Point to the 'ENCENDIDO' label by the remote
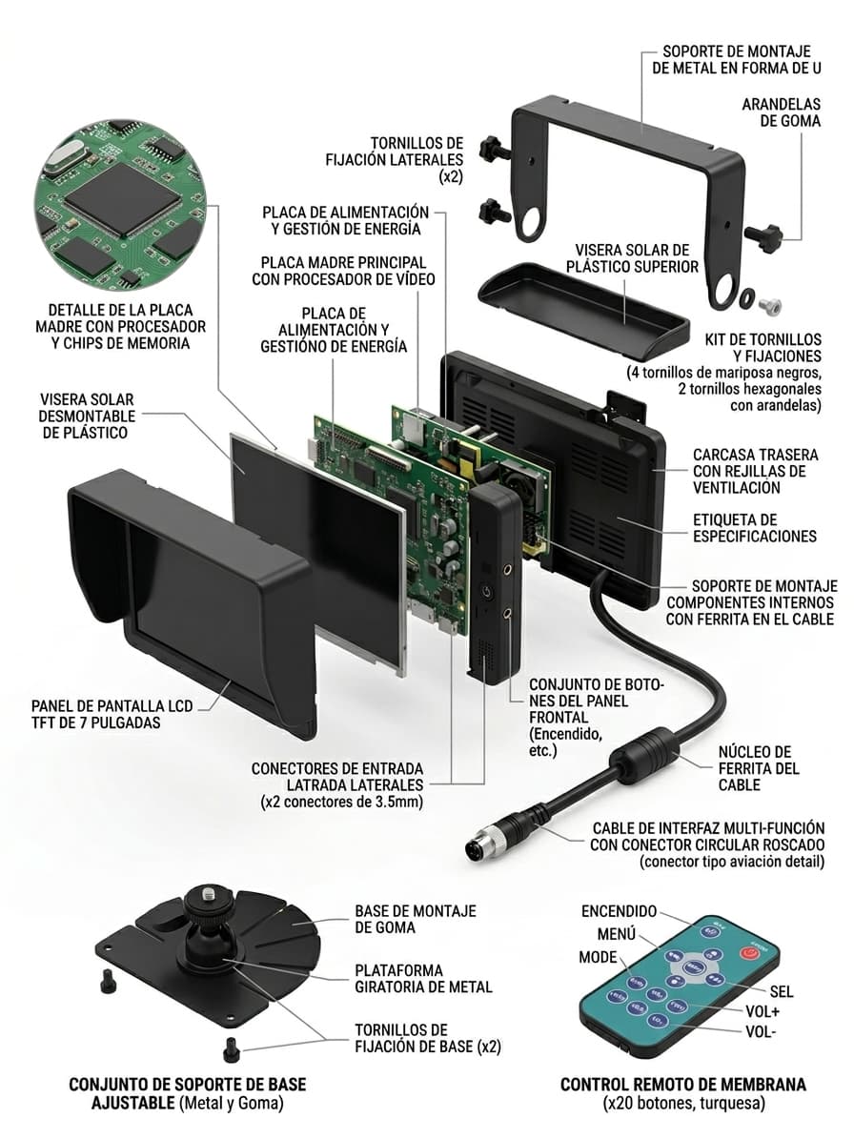[x=619, y=911]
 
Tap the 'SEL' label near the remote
[x=781, y=991]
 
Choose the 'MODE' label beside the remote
[x=599, y=956]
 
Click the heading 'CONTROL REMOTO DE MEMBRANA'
[x=682, y=1085]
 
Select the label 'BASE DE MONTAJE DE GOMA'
[x=415, y=921]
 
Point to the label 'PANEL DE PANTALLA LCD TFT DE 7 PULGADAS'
[x=112, y=714]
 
